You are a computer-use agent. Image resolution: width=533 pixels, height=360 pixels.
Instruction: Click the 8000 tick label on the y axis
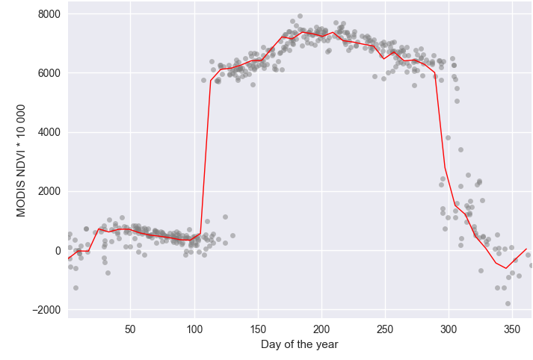click(49, 14)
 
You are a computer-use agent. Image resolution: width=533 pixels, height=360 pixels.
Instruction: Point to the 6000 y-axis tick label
click(49, 73)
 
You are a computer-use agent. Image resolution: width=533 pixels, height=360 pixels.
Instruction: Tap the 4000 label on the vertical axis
click(49, 132)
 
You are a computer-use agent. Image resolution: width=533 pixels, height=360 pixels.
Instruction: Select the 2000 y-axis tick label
click(49, 191)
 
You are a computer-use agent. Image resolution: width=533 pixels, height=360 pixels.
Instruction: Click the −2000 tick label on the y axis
click(46, 310)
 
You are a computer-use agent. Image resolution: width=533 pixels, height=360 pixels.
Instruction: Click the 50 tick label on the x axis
click(130, 329)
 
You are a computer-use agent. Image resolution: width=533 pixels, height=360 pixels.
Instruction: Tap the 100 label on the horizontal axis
click(194, 329)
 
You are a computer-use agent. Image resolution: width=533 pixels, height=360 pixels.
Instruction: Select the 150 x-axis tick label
click(258, 329)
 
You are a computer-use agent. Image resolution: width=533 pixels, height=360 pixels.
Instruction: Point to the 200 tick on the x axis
click(321, 329)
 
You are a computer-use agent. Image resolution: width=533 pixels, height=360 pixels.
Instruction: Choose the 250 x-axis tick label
click(385, 329)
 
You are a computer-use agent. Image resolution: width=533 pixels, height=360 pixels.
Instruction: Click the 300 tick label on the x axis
click(449, 329)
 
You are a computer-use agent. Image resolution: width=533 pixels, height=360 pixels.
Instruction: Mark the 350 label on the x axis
click(512, 329)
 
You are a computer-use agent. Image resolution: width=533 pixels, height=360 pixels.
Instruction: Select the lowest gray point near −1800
click(508, 303)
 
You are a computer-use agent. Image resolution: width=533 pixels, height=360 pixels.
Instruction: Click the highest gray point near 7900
click(300, 16)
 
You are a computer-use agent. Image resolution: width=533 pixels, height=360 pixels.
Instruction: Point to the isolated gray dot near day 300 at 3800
click(448, 137)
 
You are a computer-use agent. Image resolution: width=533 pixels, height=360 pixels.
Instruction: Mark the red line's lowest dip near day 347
click(506, 268)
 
